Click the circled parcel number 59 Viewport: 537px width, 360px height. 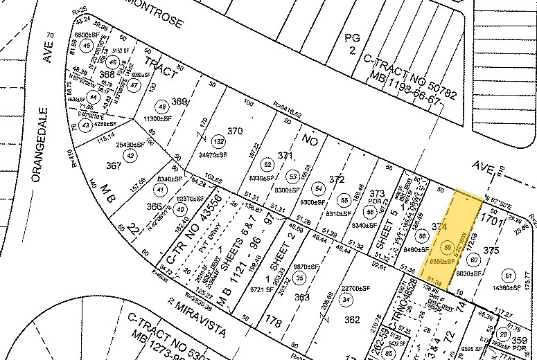[448, 247]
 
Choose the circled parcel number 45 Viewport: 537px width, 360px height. [87, 45]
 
